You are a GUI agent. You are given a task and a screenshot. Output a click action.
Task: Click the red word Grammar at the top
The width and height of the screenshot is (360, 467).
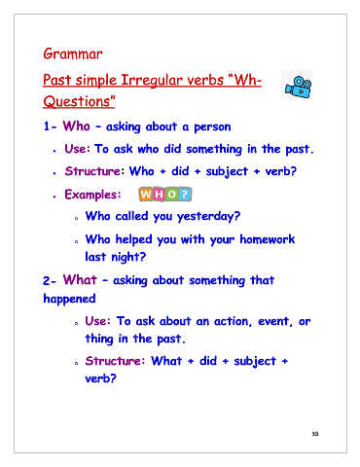(x=73, y=54)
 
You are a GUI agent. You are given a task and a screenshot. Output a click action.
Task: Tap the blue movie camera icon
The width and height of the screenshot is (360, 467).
(x=298, y=87)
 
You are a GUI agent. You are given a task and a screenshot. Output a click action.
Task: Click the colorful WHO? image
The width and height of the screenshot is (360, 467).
(x=165, y=195)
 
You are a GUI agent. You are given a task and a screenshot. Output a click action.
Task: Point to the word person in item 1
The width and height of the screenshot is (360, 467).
(x=212, y=127)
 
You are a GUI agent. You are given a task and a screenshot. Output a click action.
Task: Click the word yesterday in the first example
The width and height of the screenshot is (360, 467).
(x=205, y=217)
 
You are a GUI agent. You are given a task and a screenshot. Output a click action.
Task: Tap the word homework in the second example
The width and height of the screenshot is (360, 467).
(x=267, y=239)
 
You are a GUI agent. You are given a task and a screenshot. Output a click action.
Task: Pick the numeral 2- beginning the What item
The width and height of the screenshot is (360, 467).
(x=50, y=281)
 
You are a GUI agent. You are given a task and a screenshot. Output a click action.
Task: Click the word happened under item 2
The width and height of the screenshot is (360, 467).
(x=69, y=299)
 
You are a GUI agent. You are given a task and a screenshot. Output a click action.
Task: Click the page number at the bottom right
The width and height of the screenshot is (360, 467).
(x=315, y=434)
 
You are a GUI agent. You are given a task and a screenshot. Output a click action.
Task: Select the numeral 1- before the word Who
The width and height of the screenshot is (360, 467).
(x=50, y=126)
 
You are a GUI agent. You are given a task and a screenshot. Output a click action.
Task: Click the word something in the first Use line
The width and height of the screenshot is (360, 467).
(x=214, y=150)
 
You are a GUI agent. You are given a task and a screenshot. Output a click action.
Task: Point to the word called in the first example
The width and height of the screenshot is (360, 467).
(x=131, y=216)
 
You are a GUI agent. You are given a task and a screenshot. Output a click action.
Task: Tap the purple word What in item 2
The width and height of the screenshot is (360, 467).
(x=80, y=280)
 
